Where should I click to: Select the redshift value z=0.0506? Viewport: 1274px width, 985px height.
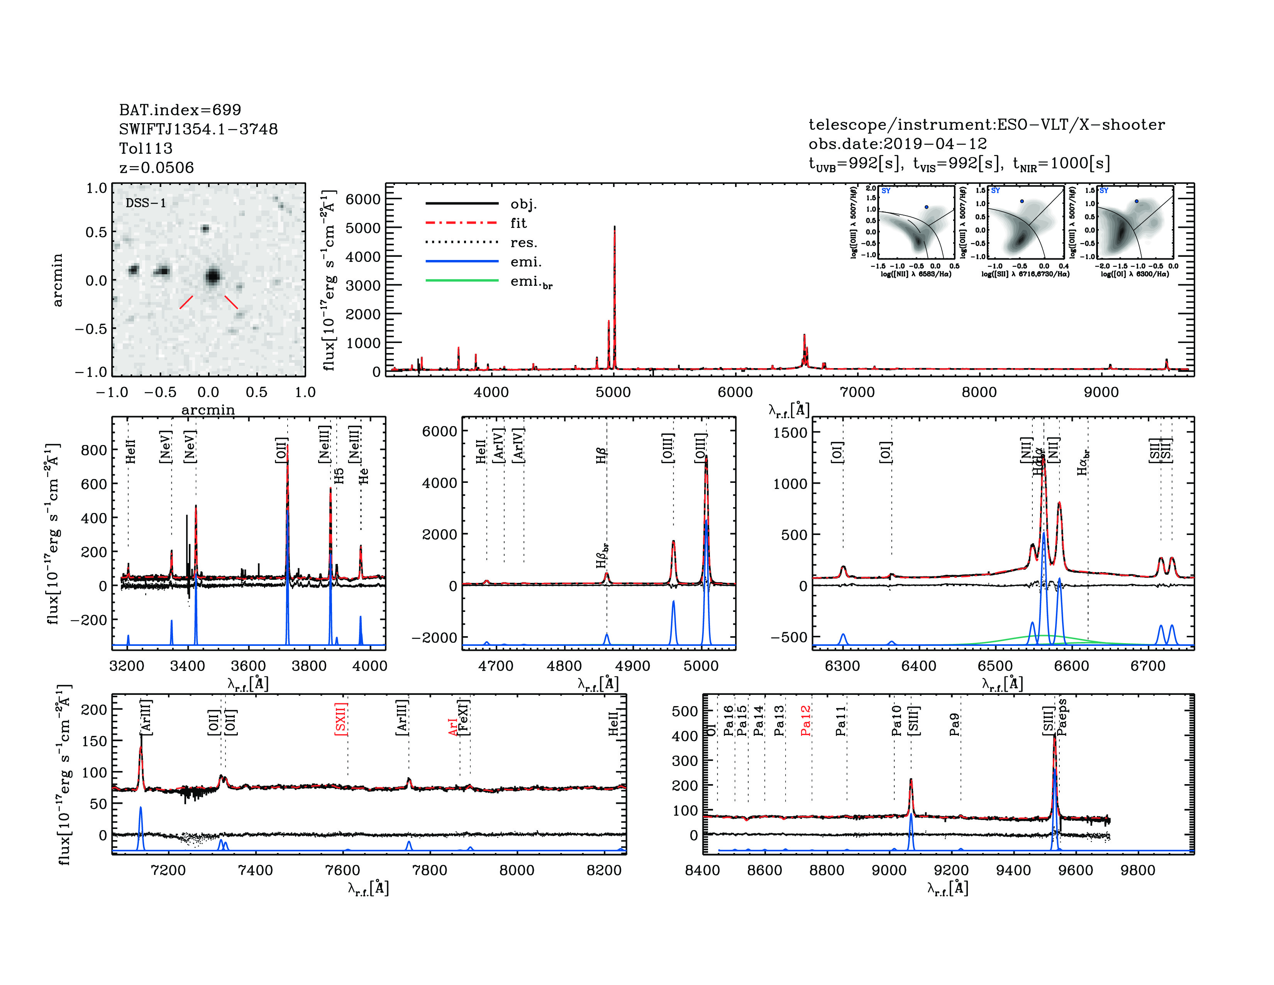point(156,168)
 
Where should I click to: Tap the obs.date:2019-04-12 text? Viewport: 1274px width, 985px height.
point(897,144)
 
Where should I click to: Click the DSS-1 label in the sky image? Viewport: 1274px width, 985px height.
point(146,203)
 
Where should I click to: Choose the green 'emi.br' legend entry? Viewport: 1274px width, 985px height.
point(531,282)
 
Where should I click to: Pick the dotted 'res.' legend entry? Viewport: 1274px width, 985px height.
point(523,243)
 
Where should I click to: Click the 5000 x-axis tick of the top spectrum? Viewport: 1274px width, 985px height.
point(613,392)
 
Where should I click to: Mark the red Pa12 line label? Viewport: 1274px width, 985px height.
point(806,720)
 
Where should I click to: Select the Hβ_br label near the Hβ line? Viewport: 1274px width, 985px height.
point(601,555)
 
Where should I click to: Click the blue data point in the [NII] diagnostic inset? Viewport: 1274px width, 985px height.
point(926,207)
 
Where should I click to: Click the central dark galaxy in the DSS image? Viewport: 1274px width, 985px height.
point(212,276)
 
